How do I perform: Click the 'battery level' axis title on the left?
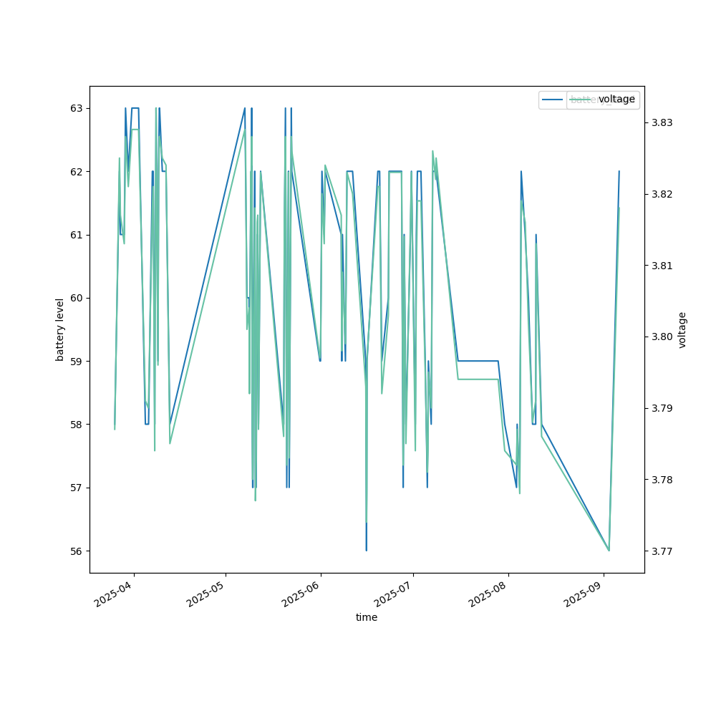(x=61, y=329)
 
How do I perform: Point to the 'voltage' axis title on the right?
(x=682, y=329)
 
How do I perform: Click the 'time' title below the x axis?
(x=367, y=617)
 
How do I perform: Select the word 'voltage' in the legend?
(x=616, y=100)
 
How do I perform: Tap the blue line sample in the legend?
(x=553, y=100)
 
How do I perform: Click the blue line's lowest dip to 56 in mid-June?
(x=366, y=550)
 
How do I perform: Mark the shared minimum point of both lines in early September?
(x=609, y=550)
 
